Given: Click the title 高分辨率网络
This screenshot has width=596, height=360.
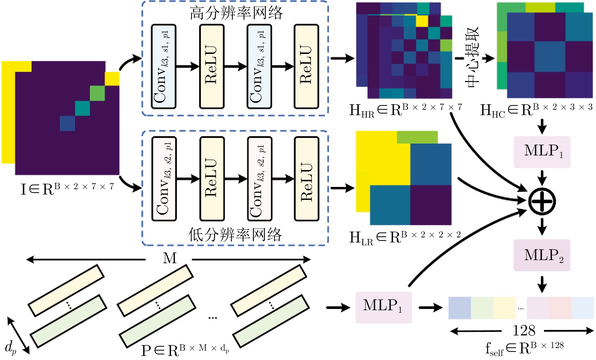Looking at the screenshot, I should [236, 13].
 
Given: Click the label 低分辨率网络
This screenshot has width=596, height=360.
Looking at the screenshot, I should [235, 235].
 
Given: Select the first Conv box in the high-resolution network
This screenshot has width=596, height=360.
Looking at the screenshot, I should [164, 67].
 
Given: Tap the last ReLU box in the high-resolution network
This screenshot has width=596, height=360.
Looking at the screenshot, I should [306, 67].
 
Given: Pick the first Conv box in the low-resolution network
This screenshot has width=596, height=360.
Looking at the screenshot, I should [164, 179].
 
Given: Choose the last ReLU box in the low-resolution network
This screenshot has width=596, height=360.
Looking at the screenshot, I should [307, 179].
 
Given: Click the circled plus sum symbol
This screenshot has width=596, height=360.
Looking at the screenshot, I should [542, 201].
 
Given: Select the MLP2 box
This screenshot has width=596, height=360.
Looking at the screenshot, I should [542, 255].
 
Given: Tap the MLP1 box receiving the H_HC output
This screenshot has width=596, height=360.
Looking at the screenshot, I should [542, 152].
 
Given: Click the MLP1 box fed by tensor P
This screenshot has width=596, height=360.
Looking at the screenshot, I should [383, 307].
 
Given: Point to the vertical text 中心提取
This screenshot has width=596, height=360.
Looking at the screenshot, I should [472, 57].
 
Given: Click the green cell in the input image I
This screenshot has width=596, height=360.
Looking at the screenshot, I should [97, 93].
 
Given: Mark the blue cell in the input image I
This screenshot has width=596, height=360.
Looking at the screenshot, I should [67, 123].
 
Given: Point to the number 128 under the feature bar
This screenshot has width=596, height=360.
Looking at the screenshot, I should [524, 331].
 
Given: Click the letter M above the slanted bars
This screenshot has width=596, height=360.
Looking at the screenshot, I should [170, 258].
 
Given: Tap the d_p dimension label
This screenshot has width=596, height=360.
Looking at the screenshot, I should [11, 348].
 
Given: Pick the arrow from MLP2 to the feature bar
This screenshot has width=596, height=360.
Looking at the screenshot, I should [542, 284].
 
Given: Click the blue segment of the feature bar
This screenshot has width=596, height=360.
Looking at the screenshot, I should [459, 308].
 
